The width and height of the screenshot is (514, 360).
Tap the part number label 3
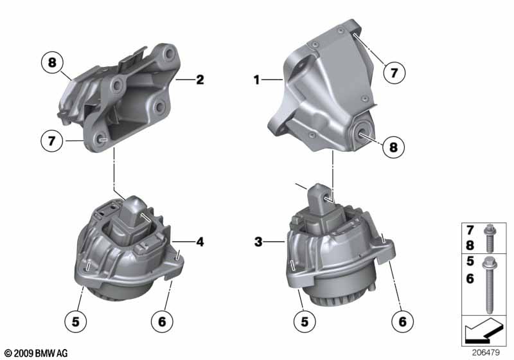click(258, 242)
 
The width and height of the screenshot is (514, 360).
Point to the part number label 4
click(200, 242)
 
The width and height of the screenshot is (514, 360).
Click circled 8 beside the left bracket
click(51, 63)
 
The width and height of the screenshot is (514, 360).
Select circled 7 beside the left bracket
click(51, 138)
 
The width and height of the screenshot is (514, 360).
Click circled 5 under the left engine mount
click(76, 319)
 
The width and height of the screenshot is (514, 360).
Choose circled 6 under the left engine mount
click(164, 319)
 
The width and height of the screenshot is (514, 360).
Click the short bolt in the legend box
click(490, 238)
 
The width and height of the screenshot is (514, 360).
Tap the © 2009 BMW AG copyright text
click(35, 353)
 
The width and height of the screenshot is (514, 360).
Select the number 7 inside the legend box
click(471, 230)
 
